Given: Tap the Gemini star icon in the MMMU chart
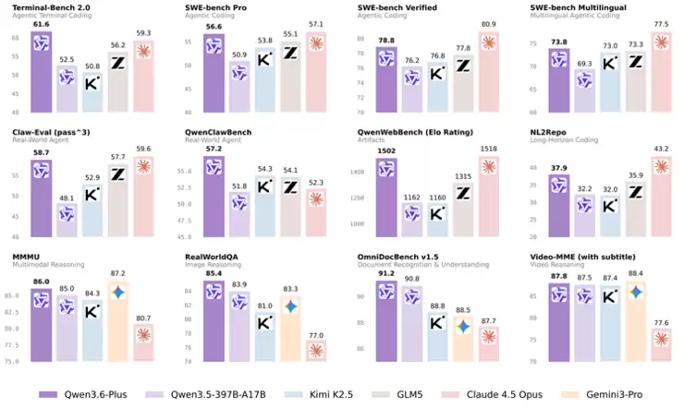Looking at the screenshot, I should pos(118,292).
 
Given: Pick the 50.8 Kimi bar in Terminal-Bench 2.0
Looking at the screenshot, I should pos(92,92).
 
